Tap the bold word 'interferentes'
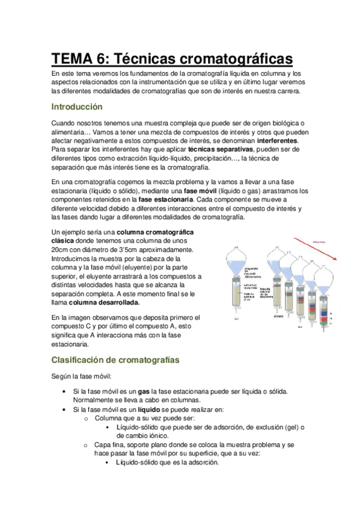[x=280, y=140]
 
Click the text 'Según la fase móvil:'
[x=81, y=376]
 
